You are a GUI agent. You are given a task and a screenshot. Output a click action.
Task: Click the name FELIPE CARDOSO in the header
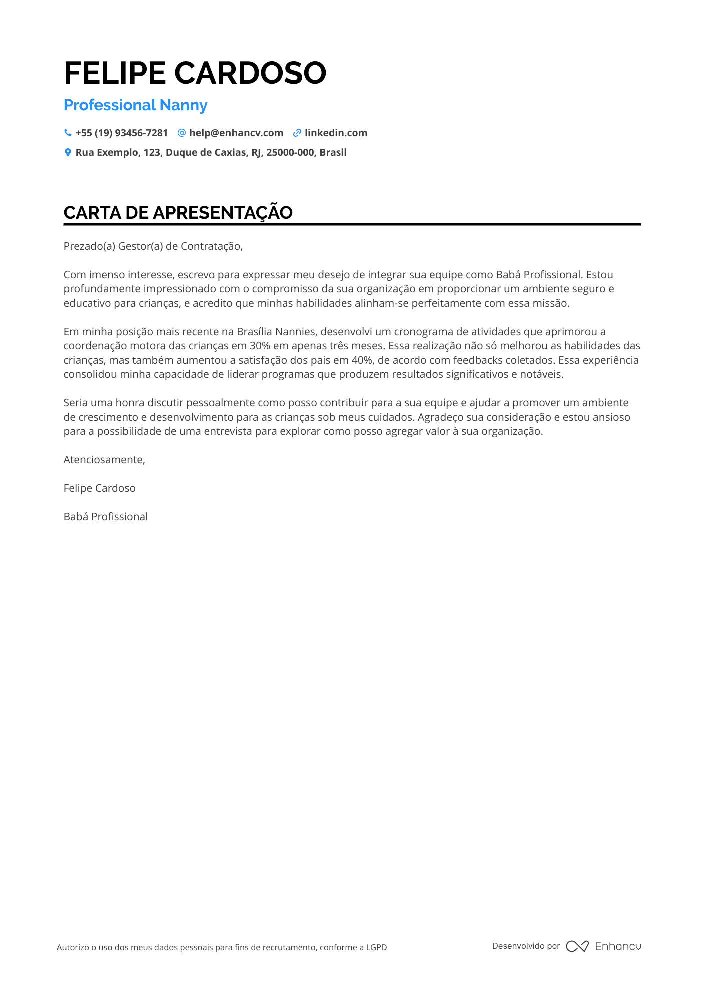[195, 73]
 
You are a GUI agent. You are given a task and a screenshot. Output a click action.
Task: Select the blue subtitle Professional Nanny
[135, 105]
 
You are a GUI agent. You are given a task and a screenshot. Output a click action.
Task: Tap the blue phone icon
[68, 133]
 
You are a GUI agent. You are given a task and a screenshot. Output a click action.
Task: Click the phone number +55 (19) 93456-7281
[121, 133]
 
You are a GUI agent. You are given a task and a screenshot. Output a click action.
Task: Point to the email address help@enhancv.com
[236, 133]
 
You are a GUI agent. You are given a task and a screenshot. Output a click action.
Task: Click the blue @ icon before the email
[182, 133]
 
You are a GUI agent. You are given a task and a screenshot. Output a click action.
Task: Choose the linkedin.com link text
[336, 133]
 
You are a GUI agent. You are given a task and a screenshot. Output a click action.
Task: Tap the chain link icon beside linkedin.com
[297, 133]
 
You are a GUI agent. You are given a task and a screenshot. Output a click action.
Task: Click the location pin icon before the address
[68, 152]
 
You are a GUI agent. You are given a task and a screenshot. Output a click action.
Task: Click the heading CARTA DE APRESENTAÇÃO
[178, 213]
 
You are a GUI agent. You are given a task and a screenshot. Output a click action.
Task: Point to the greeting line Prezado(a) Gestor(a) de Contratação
[153, 246]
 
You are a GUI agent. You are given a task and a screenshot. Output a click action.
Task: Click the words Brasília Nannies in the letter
[276, 332]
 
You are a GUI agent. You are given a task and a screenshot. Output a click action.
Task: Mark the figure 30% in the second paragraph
[260, 346]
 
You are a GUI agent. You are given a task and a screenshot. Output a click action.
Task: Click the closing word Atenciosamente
[104, 460]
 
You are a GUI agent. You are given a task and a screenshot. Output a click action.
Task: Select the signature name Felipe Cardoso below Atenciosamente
[99, 488]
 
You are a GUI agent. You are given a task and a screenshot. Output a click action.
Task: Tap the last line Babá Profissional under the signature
[105, 517]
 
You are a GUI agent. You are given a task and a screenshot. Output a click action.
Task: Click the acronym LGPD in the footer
[376, 947]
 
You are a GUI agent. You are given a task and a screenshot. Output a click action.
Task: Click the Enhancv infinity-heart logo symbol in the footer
[577, 946]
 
